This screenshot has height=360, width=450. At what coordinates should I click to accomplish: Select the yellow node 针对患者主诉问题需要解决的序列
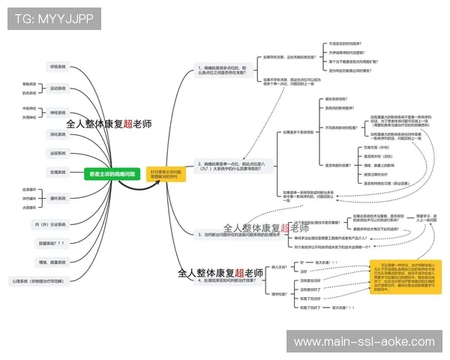[165, 174]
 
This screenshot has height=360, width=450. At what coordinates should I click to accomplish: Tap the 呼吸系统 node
[58, 67]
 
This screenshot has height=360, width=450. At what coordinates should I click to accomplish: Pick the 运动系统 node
[58, 88]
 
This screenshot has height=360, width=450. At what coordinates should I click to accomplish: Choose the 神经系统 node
[58, 112]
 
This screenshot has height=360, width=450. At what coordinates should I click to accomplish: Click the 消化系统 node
[58, 134]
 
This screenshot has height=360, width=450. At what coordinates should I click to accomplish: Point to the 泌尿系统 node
[58, 153]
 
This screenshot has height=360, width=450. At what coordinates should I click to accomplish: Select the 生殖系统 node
[58, 172]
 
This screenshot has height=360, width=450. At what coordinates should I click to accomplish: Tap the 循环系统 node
[58, 198]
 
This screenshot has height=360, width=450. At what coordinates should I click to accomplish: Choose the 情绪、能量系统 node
[50, 262]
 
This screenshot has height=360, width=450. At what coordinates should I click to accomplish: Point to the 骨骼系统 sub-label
[29, 84]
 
